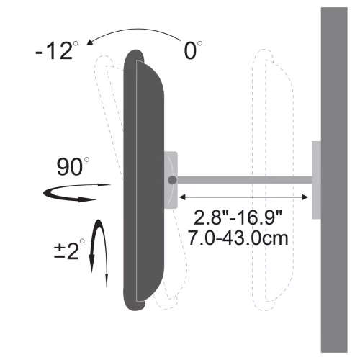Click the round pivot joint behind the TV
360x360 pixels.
pos(172,179)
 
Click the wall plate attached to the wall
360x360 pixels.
pos(317,179)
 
